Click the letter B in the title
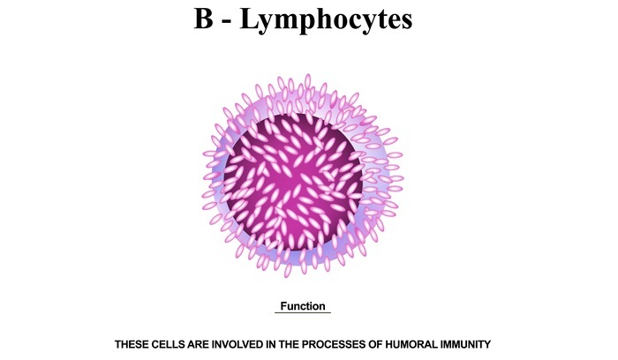pyautogui.click(x=203, y=19)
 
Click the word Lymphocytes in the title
pyautogui.click(x=326, y=20)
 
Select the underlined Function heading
pyautogui.click(x=303, y=306)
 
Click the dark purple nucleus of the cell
pyautogui.click(x=293, y=182)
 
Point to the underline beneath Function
pyautogui.click(x=303, y=312)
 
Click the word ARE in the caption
pyautogui.click(x=199, y=345)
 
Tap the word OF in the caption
pyautogui.click(x=375, y=345)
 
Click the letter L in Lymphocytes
pyautogui.click(x=249, y=19)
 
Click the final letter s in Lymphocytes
pyautogui.click(x=406, y=22)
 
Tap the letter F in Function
pyautogui.click(x=283, y=306)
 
